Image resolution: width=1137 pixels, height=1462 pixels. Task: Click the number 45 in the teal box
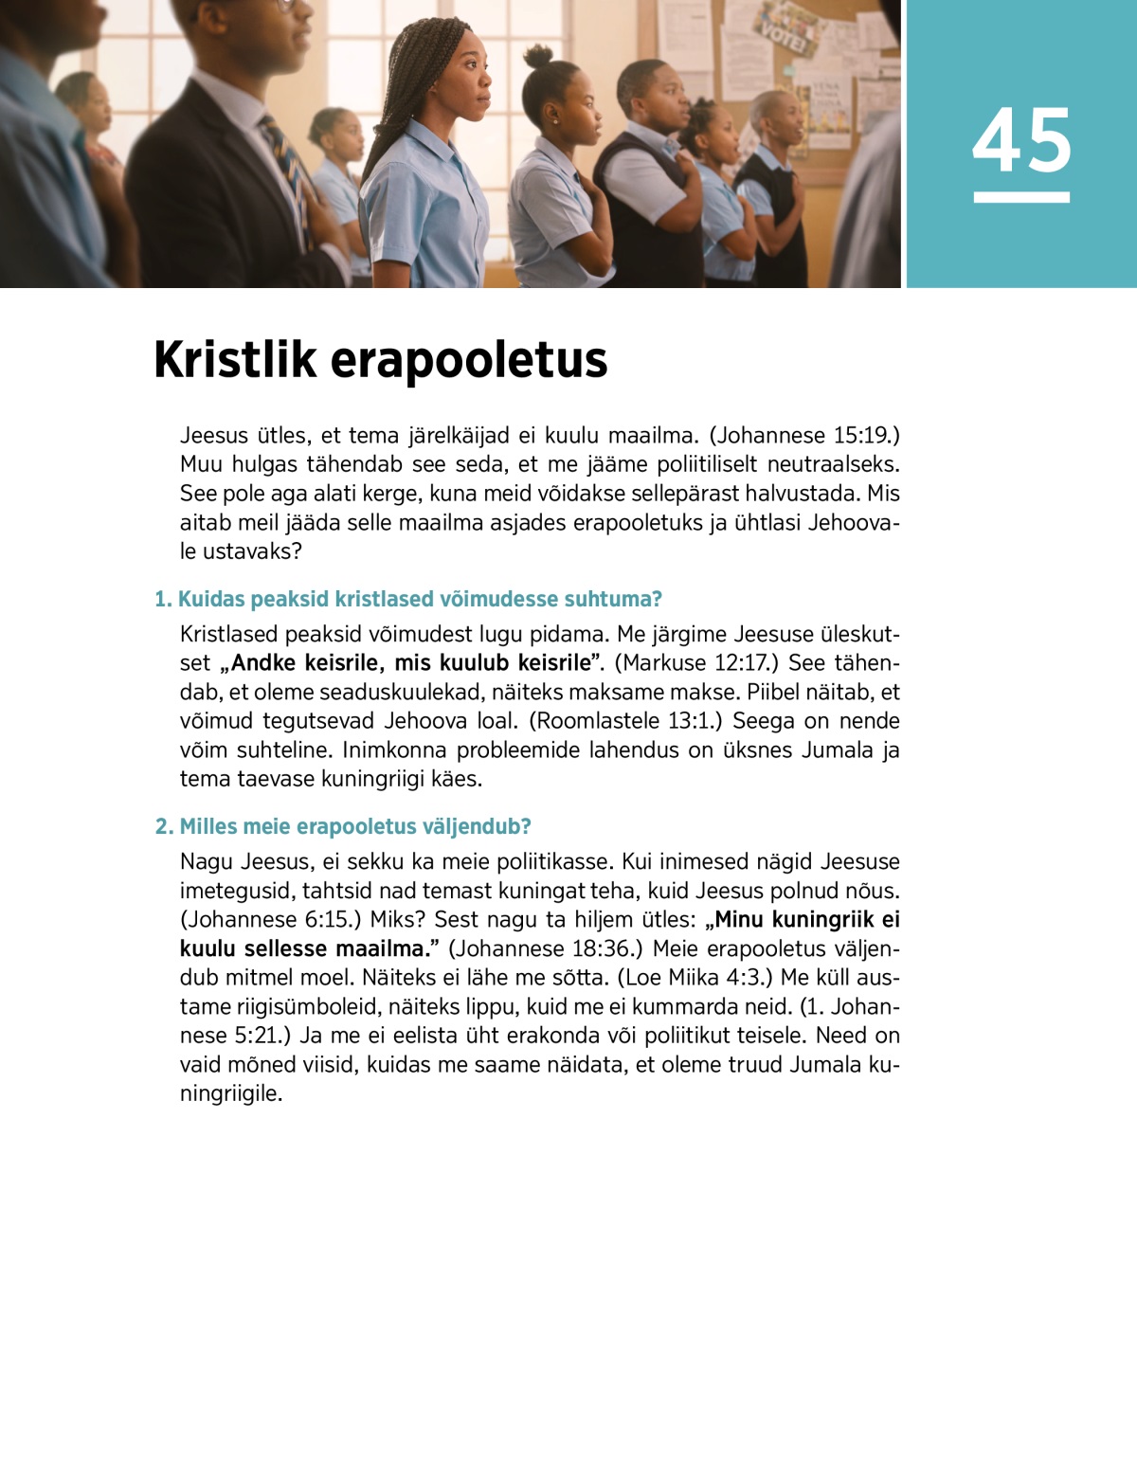[x=1021, y=140]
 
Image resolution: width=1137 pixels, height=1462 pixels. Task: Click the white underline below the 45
[x=1021, y=197]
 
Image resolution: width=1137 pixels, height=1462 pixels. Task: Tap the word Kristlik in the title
[x=235, y=360]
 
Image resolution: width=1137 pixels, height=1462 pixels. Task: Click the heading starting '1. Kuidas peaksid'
[x=407, y=599]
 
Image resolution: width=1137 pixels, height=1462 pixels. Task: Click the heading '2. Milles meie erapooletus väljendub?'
[x=343, y=826]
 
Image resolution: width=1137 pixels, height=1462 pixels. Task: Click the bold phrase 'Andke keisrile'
[x=301, y=662]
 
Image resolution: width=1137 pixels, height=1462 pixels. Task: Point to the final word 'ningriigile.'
[x=231, y=1093]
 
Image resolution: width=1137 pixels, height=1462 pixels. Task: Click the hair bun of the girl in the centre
[x=539, y=56]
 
